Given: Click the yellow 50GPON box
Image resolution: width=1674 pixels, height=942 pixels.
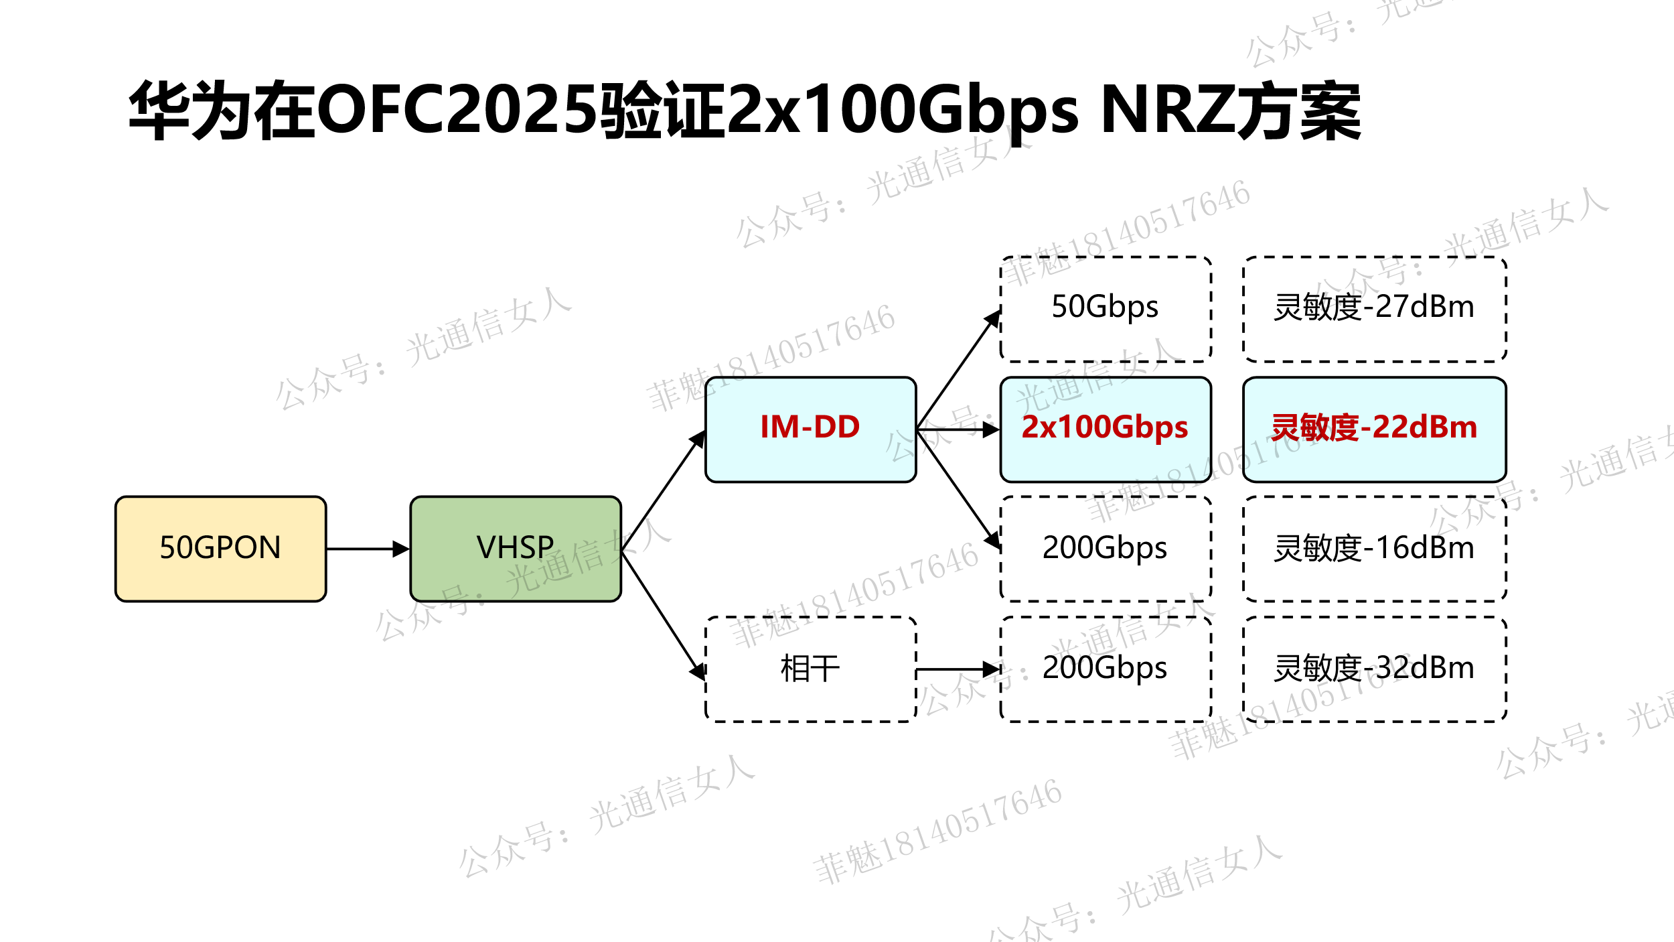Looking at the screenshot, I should [220, 549].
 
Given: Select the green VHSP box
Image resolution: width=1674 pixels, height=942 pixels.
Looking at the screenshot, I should [516, 549].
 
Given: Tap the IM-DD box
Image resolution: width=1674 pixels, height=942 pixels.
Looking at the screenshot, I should [810, 429].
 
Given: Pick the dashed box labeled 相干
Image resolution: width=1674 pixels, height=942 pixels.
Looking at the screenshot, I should [810, 669].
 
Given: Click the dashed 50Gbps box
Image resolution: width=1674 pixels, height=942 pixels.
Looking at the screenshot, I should [1105, 309].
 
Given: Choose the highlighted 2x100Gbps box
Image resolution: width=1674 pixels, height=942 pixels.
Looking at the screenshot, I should [1105, 429].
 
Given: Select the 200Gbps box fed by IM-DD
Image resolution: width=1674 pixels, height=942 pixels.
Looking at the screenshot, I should [1105, 549].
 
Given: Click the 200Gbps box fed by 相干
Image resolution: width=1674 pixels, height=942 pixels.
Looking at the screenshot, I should [1105, 669].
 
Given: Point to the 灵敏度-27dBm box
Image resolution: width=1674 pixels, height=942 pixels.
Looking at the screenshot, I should [1374, 309].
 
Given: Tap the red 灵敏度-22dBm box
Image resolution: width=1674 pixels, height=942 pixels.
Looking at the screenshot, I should [1374, 429].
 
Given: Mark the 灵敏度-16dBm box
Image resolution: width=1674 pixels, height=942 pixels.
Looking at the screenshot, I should [1374, 549].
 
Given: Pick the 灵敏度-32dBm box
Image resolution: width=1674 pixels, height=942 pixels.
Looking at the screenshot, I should [1374, 669].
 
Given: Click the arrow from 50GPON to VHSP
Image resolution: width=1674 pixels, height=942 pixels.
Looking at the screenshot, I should [367, 549].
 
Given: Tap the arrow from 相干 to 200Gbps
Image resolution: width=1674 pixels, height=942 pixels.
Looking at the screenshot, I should [958, 669].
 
